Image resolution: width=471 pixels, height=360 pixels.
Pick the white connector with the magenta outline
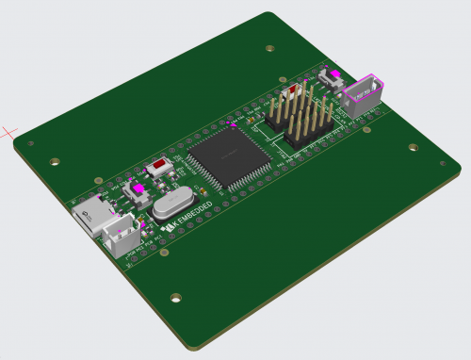[x=361, y=95]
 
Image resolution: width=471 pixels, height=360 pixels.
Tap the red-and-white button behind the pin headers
[x=293, y=91]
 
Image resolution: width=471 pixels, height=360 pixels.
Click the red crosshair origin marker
[x=9, y=131]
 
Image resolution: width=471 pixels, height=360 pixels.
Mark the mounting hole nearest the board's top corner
[x=270, y=48]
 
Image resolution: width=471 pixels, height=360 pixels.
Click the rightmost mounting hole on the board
[x=413, y=147]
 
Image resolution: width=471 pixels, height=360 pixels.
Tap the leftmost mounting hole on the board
[x=31, y=144]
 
